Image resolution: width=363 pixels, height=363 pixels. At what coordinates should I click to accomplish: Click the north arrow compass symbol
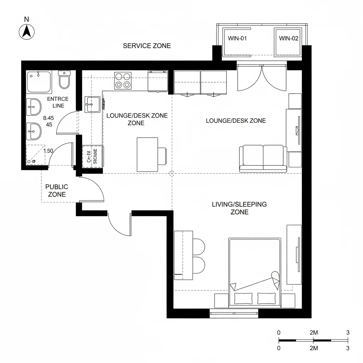pyautogui.click(x=26, y=32)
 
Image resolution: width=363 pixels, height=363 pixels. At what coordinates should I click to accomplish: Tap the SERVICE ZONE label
pyautogui.click(x=147, y=46)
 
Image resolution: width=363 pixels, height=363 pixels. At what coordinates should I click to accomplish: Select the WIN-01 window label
pyautogui.click(x=237, y=39)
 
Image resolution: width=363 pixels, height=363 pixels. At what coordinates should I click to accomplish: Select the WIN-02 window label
pyautogui.click(x=289, y=39)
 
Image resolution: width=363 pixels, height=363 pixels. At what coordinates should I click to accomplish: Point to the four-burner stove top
pyautogui.click(x=123, y=80)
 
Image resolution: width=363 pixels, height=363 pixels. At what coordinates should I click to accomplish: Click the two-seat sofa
pyautogui.click(x=263, y=158)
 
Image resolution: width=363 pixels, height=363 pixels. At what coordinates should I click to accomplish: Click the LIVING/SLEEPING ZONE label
pyautogui.click(x=239, y=208)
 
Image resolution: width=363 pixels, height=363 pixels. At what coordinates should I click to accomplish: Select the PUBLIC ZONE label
pyautogui.click(x=57, y=190)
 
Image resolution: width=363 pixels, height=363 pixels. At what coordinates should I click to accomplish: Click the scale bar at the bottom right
pyautogui.click(x=313, y=340)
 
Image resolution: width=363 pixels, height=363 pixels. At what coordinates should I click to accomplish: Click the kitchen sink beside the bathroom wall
pyautogui.click(x=93, y=104)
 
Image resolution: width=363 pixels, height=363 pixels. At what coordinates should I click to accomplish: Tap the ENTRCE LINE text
pyautogui.click(x=58, y=102)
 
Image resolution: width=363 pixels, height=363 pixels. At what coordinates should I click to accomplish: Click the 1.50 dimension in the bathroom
pyautogui.click(x=48, y=151)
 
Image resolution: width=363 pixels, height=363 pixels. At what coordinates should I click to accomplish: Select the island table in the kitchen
pyautogui.click(x=147, y=155)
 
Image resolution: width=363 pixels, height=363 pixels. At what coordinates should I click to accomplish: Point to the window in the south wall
pyautogui.click(x=234, y=312)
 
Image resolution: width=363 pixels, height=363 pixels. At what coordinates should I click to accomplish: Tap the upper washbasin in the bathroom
pyautogui.click(x=34, y=107)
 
